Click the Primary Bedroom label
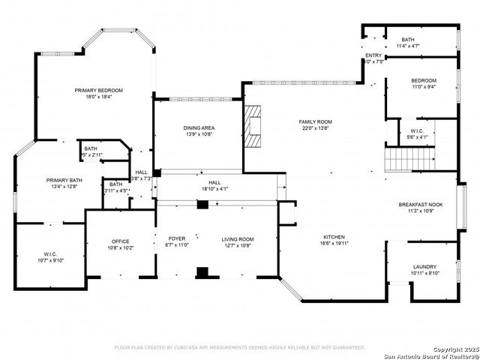pos(98,90)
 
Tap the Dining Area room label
pos(199,128)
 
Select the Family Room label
pos(316,121)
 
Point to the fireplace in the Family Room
pos(253,126)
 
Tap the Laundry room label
pos(424,267)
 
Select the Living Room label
pos(237,239)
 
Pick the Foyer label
pos(177,239)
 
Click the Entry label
pos(373,55)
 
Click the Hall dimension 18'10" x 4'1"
pos(214,189)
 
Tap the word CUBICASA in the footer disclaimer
pos(191,348)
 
